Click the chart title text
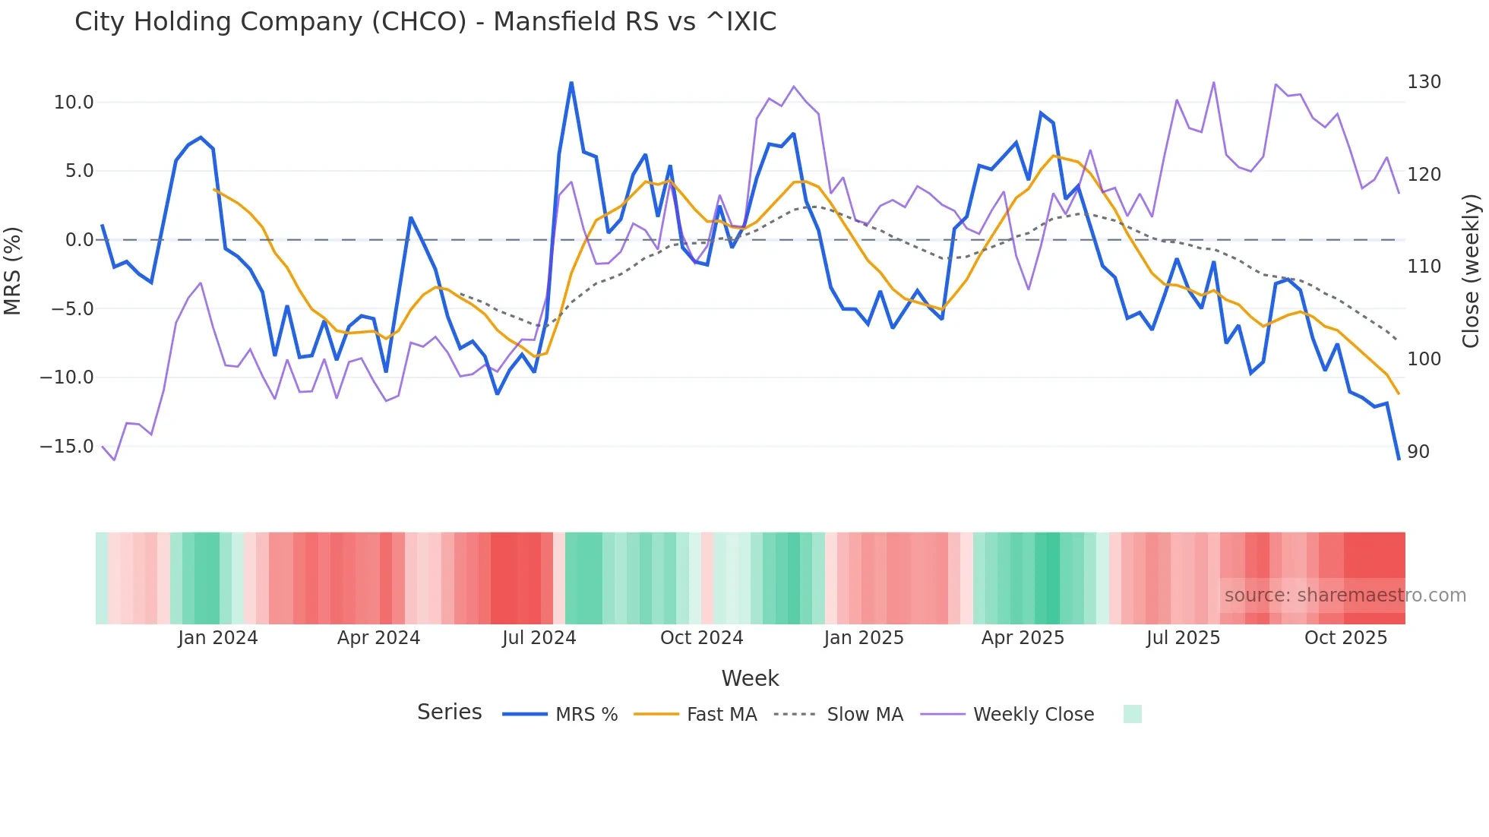tap(425, 22)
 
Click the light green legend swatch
tap(1132, 714)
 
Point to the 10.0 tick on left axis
tap(74, 103)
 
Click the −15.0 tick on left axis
tap(67, 447)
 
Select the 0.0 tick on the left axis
tap(79, 240)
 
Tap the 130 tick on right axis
tap(1424, 82)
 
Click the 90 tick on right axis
tap(1418, 452)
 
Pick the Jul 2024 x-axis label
tap(539, 638)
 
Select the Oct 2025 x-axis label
tap(1345, 638)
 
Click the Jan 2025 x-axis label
tap(864, 638)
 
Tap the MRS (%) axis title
tap(13, 270)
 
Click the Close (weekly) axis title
tap(1471, 270)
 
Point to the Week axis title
tap(750, 678)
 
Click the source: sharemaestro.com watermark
tap(1345, 595)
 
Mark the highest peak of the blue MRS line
tap(571, 83)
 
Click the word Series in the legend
tap(449, 712)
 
